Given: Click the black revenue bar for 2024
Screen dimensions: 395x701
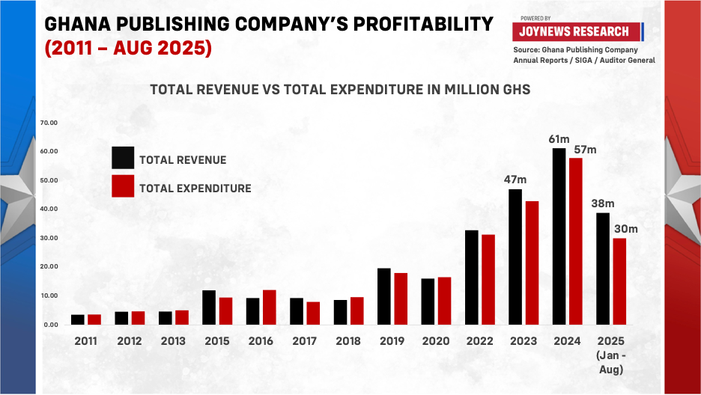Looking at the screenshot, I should point(559,236).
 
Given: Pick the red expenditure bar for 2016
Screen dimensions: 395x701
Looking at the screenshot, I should point(269,307).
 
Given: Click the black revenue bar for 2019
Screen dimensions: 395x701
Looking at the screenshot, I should point(384,296).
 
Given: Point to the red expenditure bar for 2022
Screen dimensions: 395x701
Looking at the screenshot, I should point(488,279).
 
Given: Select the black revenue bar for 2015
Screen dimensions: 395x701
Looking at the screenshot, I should point(209,307).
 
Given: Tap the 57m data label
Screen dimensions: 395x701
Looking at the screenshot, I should point(584,150).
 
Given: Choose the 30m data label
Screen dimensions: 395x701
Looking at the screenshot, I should point(626,229).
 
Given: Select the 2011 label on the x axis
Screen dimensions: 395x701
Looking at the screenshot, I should point(85,341).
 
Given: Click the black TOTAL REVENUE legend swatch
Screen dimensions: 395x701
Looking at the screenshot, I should point(123,158).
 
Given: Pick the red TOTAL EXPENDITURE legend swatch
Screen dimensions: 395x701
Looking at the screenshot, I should point(123,186).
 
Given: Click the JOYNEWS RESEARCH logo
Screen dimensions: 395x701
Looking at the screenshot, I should point(577,31).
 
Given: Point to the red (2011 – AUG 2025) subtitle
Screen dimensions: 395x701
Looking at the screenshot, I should point(128,49).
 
